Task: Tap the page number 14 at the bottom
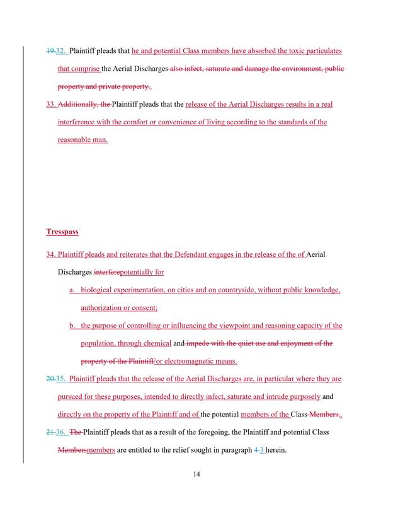197,475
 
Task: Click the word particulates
321,50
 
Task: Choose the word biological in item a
100,290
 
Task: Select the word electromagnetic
189,361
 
